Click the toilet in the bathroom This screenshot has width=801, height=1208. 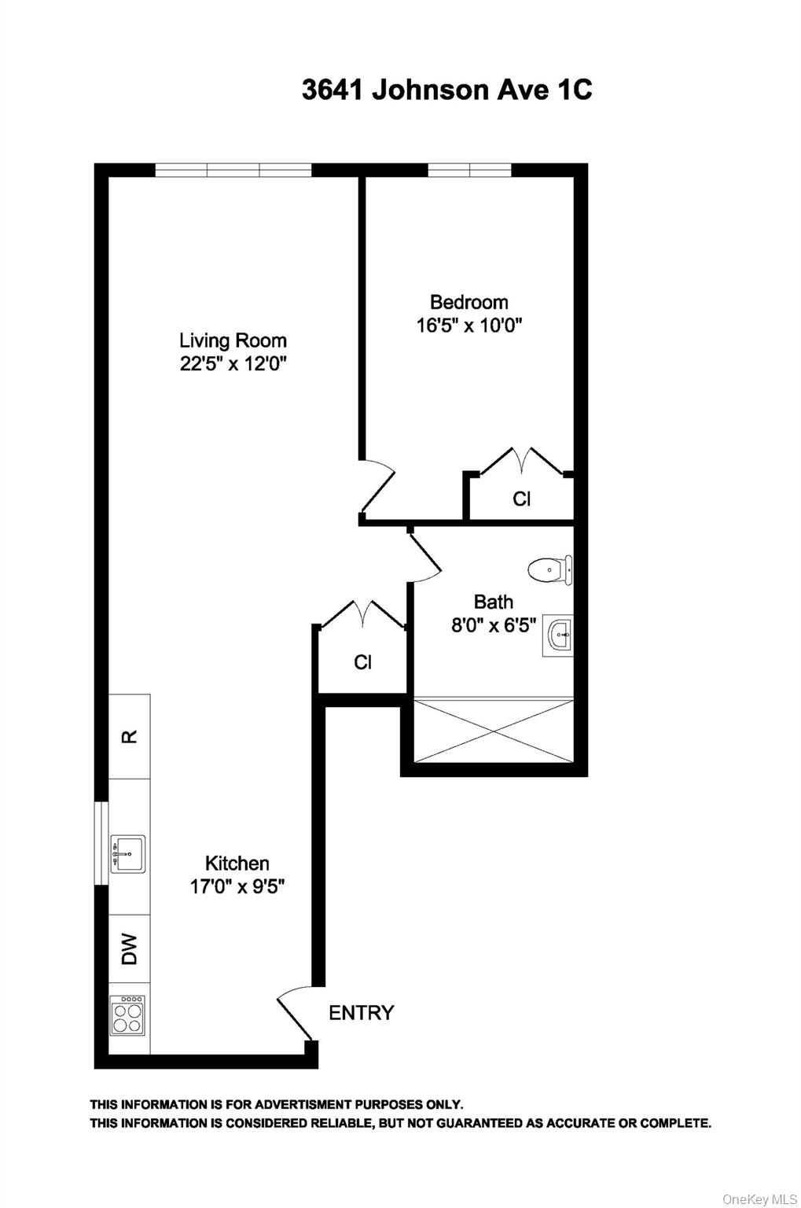[549, 569]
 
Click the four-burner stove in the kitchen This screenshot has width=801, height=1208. [127, 1015]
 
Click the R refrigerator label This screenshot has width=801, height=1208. [130, 736]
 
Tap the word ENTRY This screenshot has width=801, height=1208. [361, 1013]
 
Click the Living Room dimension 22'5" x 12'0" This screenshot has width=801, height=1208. [233, 365]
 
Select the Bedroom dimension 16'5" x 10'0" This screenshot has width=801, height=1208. [469, 326]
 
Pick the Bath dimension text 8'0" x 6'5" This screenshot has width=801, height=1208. [494, 625]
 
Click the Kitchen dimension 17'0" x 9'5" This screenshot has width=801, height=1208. [237, 886]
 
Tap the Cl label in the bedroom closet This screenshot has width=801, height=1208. [522, 499]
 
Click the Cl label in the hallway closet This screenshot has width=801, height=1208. [362, 662]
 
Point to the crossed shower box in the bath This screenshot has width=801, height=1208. [493, 732]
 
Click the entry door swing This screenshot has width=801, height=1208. [295, 1013]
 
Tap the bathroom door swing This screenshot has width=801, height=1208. [424, 558]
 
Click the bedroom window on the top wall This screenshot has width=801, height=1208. [469, 170]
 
